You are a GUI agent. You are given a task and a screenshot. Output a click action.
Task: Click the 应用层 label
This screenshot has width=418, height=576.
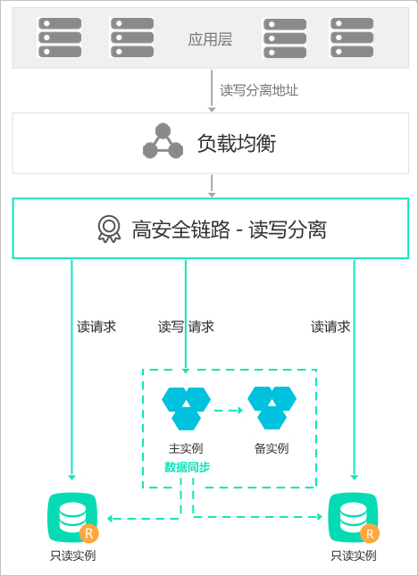210,39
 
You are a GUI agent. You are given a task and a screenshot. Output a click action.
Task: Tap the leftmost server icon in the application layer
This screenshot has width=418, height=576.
60,38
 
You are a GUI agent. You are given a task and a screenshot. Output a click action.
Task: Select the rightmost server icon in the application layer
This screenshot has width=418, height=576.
352,38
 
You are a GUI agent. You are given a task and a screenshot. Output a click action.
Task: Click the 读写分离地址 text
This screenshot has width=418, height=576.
259,90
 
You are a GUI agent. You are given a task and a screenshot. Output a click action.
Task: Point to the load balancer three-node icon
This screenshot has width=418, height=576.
163,141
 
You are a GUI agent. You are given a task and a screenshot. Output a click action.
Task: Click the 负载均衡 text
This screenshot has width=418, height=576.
237,143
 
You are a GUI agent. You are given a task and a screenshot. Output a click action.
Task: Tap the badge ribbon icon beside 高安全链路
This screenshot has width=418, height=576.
109,229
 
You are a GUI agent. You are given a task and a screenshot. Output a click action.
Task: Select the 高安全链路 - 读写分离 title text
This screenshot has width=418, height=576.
229,230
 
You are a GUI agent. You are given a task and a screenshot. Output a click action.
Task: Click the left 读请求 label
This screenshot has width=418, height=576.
96,326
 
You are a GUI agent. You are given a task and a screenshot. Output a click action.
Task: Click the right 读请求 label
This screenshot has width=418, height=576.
330,326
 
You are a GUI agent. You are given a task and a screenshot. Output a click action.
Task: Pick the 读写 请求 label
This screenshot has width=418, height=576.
186,326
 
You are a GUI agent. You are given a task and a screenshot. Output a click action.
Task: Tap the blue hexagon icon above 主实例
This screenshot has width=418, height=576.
187,408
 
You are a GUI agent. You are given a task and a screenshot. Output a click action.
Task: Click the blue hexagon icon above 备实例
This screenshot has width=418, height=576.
272,408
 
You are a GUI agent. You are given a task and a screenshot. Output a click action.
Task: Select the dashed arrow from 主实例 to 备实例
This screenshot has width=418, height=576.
228,410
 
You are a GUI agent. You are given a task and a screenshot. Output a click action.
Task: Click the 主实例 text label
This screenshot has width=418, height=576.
186,448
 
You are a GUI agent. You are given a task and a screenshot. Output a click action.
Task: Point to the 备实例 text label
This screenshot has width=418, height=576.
272,448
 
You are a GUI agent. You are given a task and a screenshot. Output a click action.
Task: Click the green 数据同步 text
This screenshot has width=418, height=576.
187,467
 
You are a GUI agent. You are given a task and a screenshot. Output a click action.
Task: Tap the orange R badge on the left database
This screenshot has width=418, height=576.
89,533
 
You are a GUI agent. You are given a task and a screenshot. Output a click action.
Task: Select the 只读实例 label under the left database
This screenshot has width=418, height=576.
72,555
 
